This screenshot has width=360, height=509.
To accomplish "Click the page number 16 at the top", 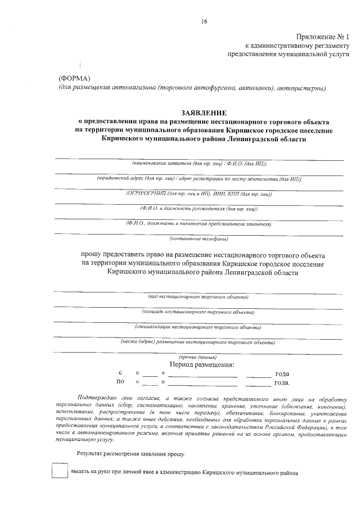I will [204, 21].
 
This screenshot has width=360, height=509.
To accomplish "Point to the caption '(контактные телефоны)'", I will [199, 238].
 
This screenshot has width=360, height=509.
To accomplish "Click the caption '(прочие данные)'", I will [198, 357].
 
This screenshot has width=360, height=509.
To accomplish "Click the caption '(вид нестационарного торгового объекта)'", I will [198, 296].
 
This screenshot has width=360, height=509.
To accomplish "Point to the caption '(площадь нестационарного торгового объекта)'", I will [198, 311].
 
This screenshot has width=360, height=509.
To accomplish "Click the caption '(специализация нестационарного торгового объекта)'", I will [198, 326].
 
